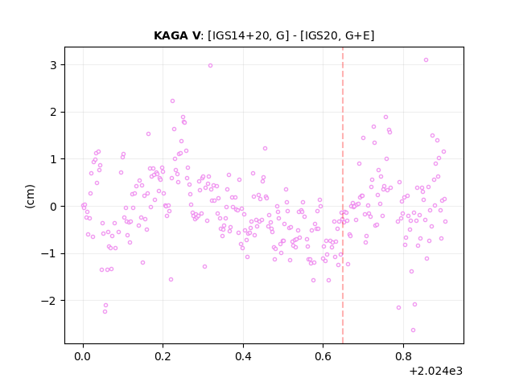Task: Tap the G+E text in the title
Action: (356, 35)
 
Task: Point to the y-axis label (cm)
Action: (30, 196)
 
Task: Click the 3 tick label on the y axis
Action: (53, 65)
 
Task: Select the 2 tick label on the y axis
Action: (53, 113)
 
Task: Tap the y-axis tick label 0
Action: (53, 207)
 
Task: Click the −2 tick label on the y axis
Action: (49, 301)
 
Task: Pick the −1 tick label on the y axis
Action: (49, 254)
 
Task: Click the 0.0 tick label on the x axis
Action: (83, 356)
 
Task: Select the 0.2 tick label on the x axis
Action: (163, 356)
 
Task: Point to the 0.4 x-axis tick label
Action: (243, 356)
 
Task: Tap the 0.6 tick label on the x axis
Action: (323, 356)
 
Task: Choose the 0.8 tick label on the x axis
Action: (403, 356)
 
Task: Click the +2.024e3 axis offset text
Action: (436, 371)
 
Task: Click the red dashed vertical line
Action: (343, 195)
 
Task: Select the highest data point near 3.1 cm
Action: (426, 60)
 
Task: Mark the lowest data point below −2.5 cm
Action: (413, 331)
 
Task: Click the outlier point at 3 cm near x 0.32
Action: (210, 66)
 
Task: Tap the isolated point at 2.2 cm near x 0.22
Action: (172, 101)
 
